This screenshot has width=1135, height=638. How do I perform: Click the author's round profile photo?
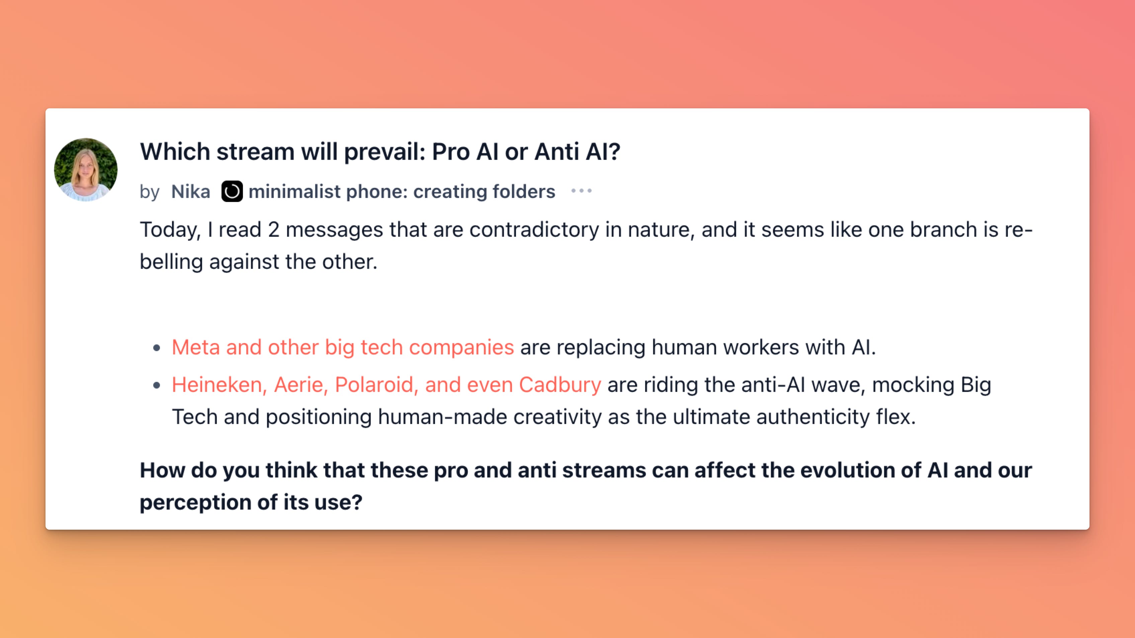click(86, 170)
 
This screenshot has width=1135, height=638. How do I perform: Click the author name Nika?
click(191, 192)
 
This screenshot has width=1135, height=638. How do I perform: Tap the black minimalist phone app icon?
click(232, 192)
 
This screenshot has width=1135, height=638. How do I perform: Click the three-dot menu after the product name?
click(581, 191)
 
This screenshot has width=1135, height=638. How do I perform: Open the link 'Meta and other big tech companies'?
click(343, 347)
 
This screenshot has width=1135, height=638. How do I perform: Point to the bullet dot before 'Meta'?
click(156, 348)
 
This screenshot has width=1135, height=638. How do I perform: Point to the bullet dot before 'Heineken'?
click(156, 386)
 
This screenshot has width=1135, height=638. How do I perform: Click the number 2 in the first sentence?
click(274, 230)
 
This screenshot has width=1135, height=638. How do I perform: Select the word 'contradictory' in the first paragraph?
click(534, 230)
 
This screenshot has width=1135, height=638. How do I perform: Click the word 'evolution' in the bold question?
click(847, 470)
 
